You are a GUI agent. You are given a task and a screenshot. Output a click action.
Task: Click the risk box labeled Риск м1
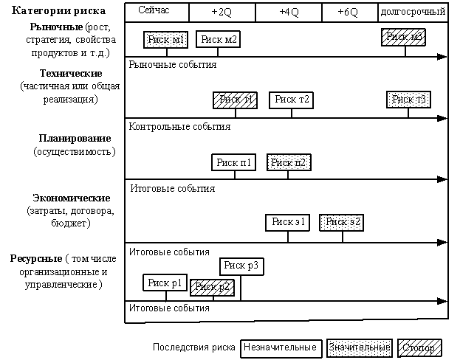165,40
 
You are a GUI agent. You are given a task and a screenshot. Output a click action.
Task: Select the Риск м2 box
218,40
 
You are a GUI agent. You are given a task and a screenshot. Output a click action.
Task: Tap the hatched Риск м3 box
404,37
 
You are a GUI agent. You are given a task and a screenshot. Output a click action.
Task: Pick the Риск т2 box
291,100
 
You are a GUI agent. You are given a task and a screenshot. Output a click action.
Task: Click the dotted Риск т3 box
408,100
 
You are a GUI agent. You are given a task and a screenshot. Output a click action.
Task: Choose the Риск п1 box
234,162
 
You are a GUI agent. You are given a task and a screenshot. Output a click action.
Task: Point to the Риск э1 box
289,221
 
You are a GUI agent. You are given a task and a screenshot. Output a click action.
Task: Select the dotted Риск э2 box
342,221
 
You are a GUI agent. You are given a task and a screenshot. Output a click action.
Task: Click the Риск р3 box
241,266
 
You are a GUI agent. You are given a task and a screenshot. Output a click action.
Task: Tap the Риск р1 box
165,283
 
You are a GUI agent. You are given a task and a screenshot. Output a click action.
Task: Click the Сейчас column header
157,13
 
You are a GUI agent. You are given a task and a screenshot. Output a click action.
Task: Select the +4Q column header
289,13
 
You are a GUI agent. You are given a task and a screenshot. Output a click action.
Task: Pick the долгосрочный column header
413,13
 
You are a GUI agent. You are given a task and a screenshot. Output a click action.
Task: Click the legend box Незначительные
281,347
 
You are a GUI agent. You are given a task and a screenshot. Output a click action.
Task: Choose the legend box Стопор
419,347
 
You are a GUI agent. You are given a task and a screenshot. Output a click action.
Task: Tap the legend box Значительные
359,347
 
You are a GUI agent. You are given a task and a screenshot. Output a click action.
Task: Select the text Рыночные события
172,65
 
